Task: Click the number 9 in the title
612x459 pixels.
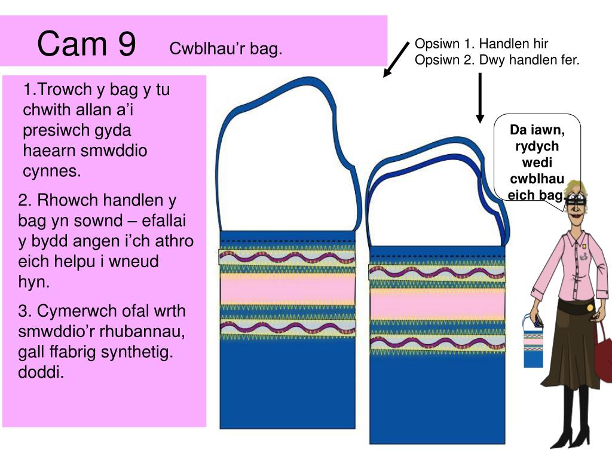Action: click(124, 45)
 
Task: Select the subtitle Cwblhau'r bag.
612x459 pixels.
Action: click(225, 49)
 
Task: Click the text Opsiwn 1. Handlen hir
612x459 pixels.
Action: click(482, 44)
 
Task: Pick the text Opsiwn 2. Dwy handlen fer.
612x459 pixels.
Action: click(497, 60)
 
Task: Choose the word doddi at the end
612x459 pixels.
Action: click(41, 373)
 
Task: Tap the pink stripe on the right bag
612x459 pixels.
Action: click(437, 304)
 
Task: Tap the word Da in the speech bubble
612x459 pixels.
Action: click(518, 130)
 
